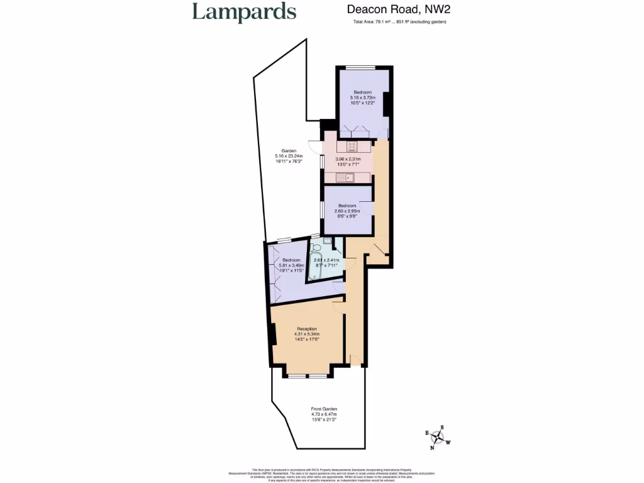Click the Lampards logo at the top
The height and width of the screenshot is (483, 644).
pyautogui.click(x=243, y=13)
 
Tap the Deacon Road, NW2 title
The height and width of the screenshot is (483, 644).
pyautogui.click(x=399, y=9)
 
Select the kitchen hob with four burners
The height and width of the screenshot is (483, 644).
pyautogui.click(x=352, y=147)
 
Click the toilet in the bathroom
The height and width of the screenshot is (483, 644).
pyautogui.click(x=316, y=247)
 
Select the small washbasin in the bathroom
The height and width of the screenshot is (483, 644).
pyautogui.click(x=328, y=240)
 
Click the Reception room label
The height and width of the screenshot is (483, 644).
pyautogui.click(x=307, y=334)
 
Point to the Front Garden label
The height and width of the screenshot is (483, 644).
pyautogui.click(x=324, y=414)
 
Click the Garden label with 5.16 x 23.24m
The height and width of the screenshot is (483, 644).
pyautogui.click(x=289, y=156)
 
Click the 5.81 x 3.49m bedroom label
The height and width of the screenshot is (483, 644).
pyautogui.click(x=291, y=266)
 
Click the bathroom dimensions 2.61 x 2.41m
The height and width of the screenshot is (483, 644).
pyautogui.click(x=327, y=262)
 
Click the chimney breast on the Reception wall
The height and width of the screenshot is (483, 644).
pyautogui.click(x=274, y=333)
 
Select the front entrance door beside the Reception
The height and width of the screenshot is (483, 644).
pyautogui.click(x=355, y=359)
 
